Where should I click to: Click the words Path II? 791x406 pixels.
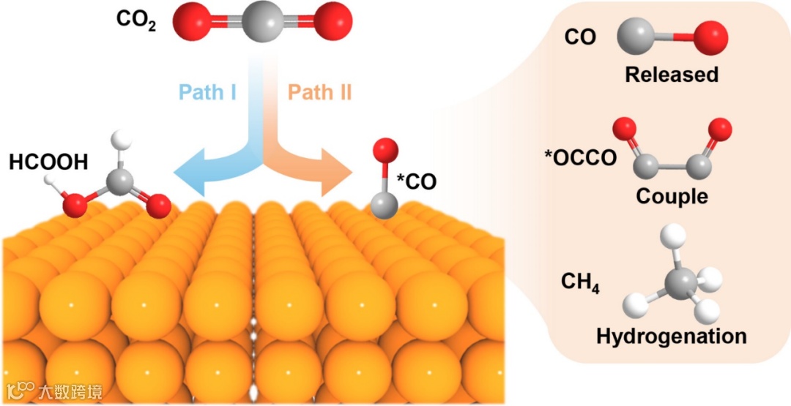click(320, 93)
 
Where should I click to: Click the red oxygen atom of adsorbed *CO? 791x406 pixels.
click(385, 150)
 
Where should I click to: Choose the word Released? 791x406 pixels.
click(671, 75)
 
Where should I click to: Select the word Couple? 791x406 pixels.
click(672, 196)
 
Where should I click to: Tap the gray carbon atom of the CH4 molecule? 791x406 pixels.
click(680, 282)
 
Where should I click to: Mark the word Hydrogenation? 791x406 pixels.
click(671, 337)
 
